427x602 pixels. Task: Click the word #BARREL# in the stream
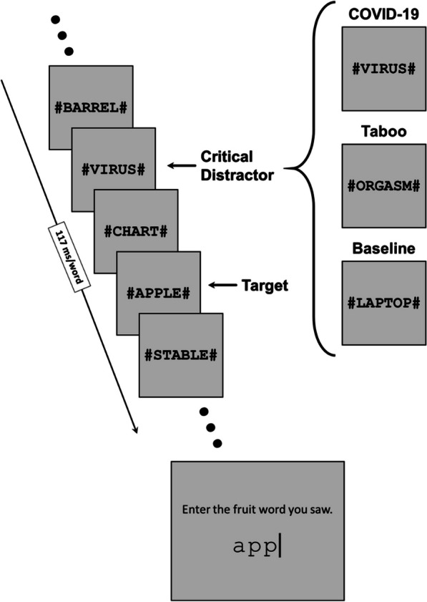pos(91,108)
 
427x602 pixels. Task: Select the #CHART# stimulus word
pos(136,231)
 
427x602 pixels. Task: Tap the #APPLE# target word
pos(159,293)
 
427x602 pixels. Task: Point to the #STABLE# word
pos(181,355)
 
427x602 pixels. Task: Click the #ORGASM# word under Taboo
pos(383,186)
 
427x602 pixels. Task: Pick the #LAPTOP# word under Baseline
pos(383,304)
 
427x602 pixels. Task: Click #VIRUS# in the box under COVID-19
pos(383,69)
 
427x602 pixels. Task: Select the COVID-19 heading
pos(383,14)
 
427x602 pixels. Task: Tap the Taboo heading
pos(383,131)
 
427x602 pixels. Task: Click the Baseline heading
pos(383,248)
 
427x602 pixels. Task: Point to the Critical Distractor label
pos(237,166)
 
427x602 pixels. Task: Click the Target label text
pos(265,286)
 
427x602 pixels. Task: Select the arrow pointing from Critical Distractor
pos(182,165)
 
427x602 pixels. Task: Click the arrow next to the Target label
pos(222,285)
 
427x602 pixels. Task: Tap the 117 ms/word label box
pos(69,257)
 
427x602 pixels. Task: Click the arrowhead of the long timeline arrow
pos(135,432)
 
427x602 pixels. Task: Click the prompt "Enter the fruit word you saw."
pos(257,510)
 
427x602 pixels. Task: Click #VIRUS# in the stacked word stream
pos(114,170)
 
